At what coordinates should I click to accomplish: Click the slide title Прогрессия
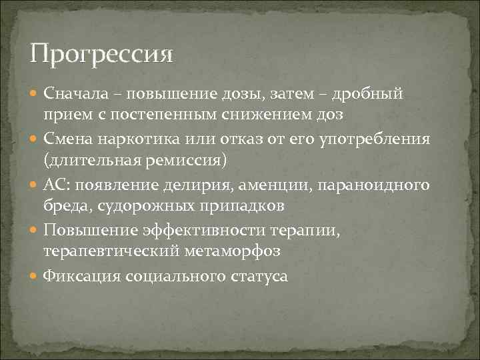tap(101, 51)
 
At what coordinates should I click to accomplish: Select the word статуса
tap(257, 275)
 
